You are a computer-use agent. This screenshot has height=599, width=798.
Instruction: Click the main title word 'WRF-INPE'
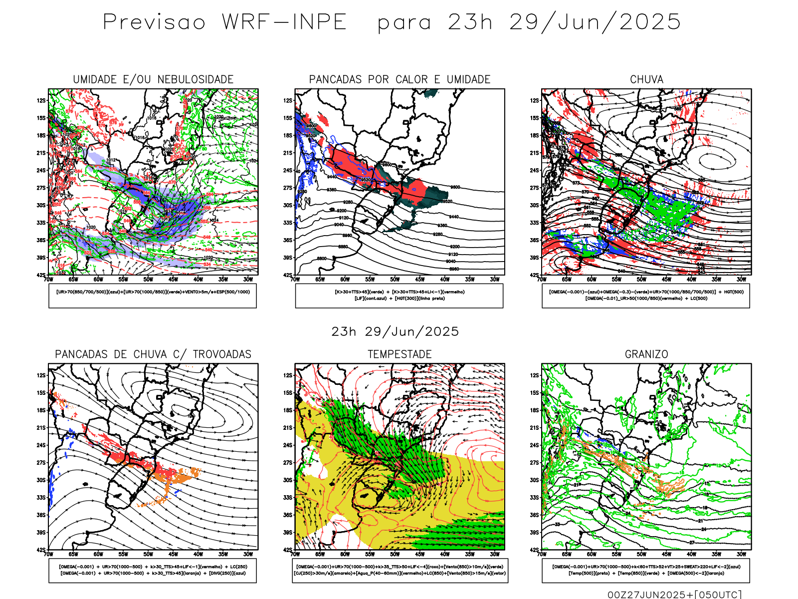pos(284,22)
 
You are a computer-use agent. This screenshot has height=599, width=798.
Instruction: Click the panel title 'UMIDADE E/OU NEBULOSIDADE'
pos(153,79)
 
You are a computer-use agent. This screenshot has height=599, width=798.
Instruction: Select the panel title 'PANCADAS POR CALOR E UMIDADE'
pos(399,79)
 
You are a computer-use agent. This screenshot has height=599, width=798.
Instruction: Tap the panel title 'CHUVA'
pos(646,79)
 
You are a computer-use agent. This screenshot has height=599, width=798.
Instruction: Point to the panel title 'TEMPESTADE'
pos(399,354)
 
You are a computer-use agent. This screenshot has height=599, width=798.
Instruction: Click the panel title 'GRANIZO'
pos(646,354)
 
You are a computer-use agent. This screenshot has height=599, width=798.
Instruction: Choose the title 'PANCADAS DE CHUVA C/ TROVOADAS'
pos(153,354)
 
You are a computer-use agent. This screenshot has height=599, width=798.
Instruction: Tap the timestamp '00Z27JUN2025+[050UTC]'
pos(674,595)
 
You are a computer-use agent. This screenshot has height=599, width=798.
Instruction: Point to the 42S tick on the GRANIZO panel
pos(534,550)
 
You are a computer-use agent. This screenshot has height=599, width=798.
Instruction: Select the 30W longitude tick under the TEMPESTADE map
pos(494,554)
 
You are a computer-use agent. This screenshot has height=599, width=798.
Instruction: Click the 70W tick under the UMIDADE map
pos(48,280)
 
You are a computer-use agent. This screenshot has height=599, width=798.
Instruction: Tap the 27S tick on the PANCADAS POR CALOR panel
pos(288,188)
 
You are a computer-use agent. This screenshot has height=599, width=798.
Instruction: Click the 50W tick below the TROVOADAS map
pos(148,554)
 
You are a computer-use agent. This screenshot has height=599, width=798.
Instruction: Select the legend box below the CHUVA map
pos(646,296)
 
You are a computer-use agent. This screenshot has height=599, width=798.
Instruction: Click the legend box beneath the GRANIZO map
pos(646,570)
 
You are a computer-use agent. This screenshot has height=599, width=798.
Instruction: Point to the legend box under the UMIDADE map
pos(153,296)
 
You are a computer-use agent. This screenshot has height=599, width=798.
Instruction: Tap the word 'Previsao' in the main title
pos(154,22)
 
